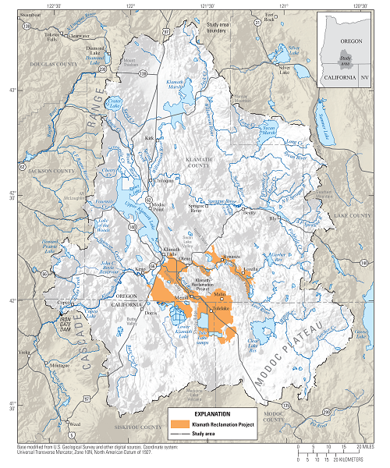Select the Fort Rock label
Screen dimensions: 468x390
270,16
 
